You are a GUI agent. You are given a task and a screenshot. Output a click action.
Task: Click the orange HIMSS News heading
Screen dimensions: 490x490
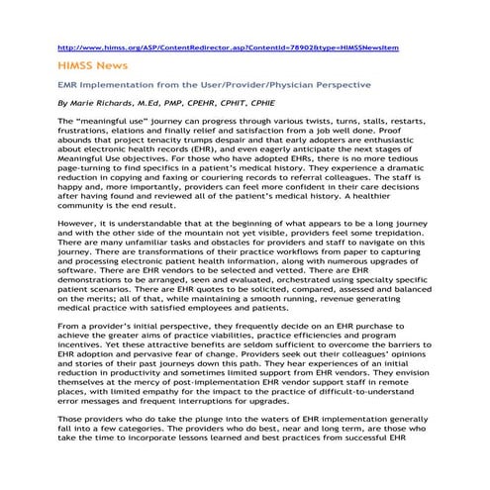coord(93,65)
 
